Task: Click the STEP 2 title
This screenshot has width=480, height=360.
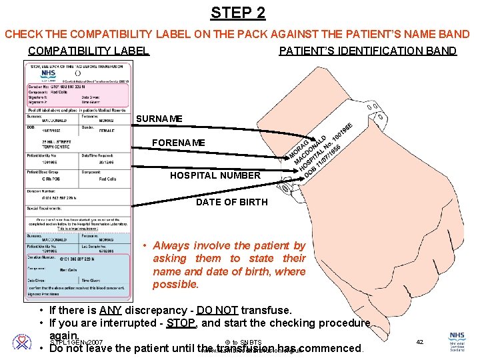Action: pos(238,12)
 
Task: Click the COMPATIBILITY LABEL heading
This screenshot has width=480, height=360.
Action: pos(89,51)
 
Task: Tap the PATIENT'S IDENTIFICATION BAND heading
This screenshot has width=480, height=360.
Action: pos(367,51)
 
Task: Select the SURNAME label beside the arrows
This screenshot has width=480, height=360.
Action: pos(159,119)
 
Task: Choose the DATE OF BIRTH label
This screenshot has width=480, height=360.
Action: pos(231,202)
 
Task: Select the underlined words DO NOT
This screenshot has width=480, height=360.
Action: pos(215,310)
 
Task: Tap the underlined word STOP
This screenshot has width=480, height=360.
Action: pos(181,323)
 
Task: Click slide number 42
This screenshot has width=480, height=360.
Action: pos(420,341)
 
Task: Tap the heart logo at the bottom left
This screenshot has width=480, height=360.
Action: pos(21,342)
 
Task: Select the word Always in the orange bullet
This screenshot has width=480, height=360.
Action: pos(172,245)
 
